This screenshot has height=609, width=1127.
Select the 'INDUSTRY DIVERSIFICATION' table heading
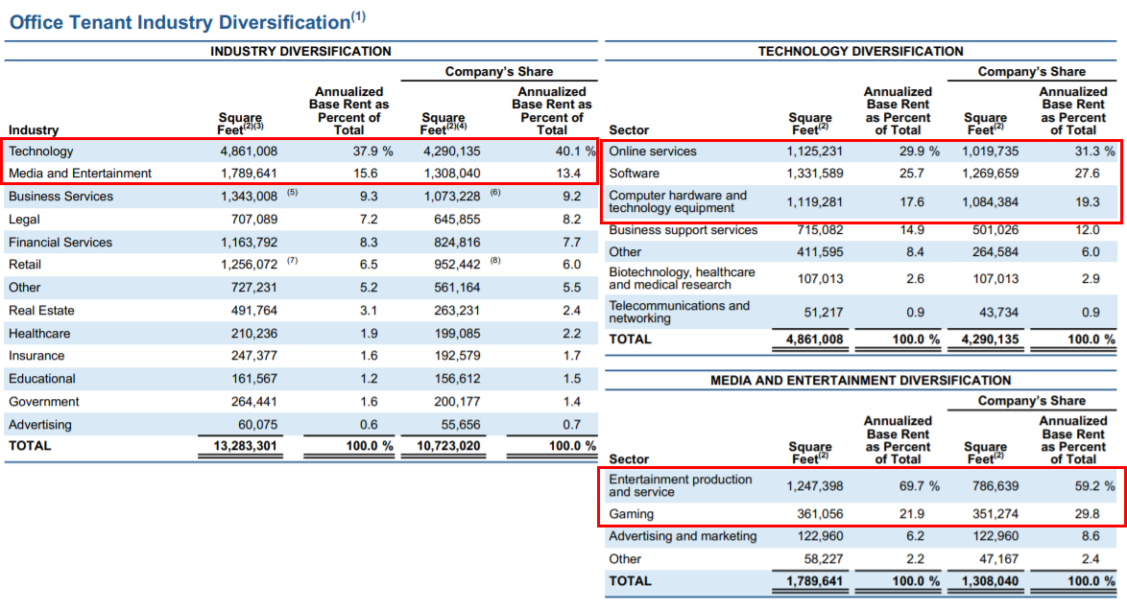(300, 51)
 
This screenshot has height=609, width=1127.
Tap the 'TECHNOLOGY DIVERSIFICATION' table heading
(860, 51)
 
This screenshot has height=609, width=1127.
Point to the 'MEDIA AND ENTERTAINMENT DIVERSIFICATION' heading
(860, 380)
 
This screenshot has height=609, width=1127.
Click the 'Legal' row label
(24, 220)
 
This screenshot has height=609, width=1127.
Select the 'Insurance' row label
(36, 356)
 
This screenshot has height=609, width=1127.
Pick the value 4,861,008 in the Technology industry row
(249, 152)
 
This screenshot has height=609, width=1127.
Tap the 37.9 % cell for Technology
(373, 152)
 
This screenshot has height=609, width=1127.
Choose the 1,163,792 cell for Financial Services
(249, 243)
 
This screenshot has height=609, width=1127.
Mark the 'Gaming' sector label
(631, 514)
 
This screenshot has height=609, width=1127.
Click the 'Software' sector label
(634, 174)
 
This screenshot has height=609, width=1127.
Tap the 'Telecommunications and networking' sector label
(679, 312)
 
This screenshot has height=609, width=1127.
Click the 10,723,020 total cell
(448, 446)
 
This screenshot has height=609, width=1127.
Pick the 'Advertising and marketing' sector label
(683, 536)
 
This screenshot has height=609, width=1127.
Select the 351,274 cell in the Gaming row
(993, 514)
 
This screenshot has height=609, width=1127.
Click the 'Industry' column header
(34, 130)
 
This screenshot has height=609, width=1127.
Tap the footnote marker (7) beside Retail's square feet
(292, 261)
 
